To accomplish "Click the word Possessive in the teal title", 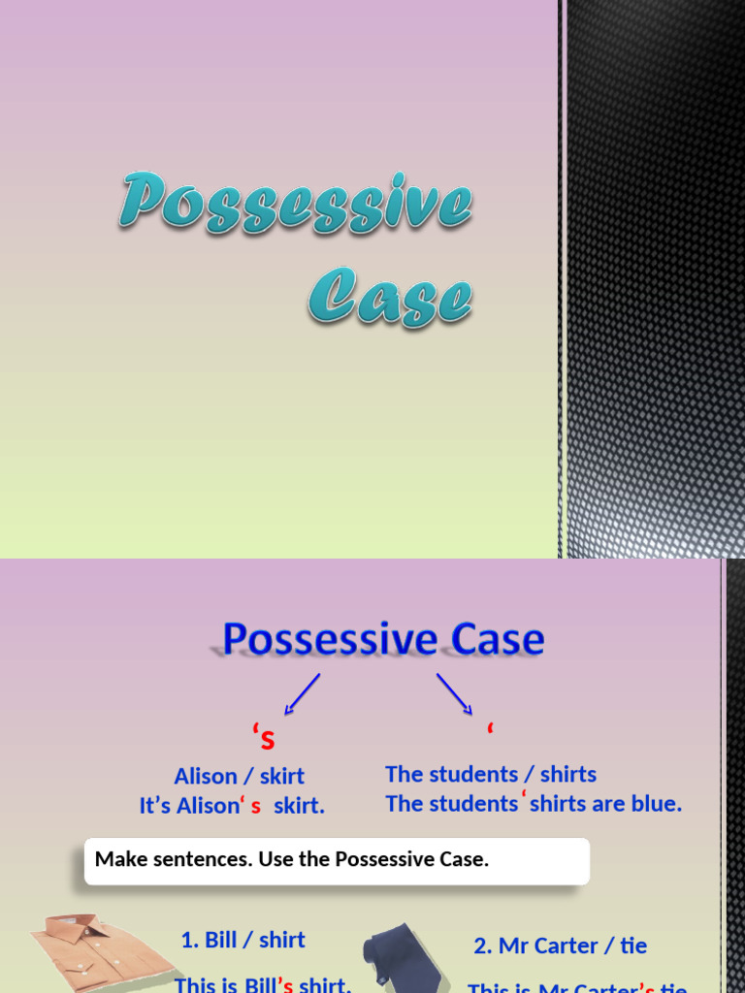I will (295, 205).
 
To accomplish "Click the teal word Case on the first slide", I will (390, 295).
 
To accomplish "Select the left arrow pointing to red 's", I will (302, 694).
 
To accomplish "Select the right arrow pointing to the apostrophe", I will (454, 694).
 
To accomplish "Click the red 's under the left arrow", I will (264, 739).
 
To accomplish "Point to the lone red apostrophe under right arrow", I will (490, 728).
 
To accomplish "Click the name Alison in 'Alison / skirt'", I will (206, 777).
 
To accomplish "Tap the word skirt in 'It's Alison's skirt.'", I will (299, 806).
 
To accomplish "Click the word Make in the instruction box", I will (118, 859).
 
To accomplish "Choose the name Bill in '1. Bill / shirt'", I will (221, 940).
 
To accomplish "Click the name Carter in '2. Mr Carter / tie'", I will (566, 945).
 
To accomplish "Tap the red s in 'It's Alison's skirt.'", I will (256, 807).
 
